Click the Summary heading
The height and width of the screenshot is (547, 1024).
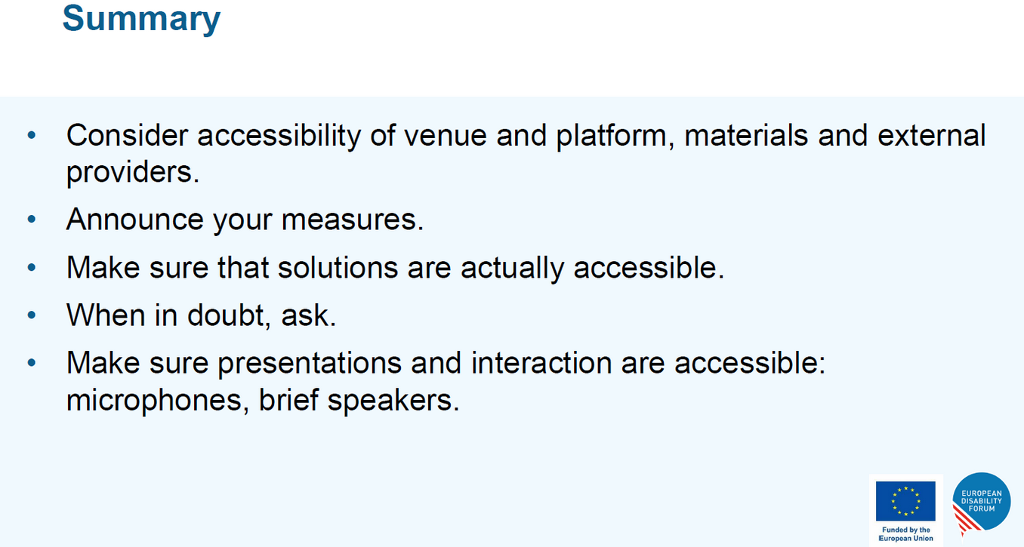[141, 19]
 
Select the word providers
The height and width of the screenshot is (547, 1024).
[133, 173]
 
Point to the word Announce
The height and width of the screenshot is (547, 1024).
[135, 220]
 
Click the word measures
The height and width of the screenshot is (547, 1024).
[353, 220]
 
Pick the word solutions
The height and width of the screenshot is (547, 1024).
[338, 267]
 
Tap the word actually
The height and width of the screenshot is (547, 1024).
[513, 268]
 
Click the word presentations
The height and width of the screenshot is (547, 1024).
[310, 364]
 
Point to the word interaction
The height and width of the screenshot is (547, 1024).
[541, 363]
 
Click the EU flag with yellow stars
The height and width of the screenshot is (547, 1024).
[905, 501]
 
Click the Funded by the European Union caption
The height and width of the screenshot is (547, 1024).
[905, 534]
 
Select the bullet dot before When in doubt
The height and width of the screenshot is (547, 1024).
[32, 315]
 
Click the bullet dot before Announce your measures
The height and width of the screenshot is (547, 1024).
[32, 219]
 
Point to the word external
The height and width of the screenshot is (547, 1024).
[932, 135]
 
